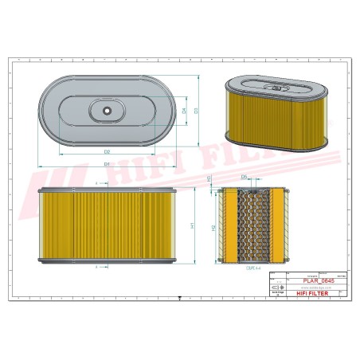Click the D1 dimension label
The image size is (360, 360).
106,163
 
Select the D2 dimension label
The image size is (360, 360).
106,151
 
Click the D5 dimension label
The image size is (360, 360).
244,177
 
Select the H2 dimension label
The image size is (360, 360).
213,228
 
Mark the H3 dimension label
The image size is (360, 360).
209,180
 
